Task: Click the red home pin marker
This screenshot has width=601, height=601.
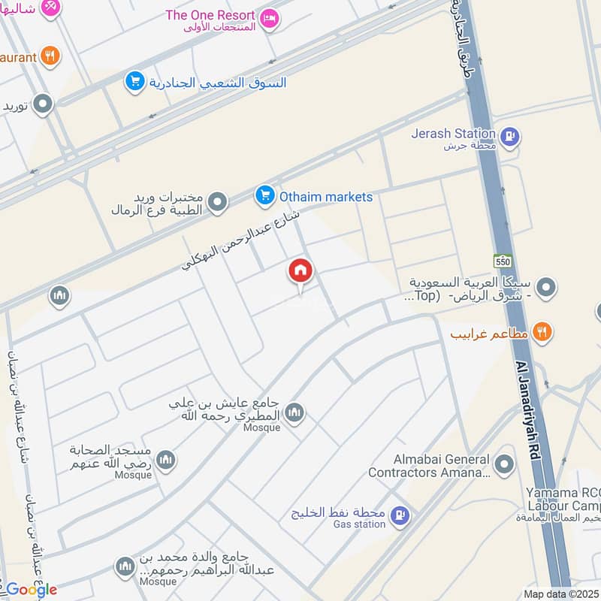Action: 300,273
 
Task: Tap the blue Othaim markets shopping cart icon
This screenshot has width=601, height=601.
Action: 264,197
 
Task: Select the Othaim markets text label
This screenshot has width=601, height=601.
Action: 326,197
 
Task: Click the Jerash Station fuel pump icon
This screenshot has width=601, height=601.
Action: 511,137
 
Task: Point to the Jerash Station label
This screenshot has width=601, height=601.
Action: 454,134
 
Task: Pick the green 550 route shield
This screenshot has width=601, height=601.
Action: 503,261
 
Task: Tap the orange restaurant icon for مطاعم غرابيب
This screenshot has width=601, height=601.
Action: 542,331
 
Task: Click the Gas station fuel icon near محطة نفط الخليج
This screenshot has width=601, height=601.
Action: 400,515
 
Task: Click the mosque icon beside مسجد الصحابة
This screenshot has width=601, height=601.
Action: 166,459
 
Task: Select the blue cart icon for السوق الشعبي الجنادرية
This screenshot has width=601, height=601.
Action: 135,82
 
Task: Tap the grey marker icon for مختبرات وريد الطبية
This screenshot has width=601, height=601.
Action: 217,202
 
